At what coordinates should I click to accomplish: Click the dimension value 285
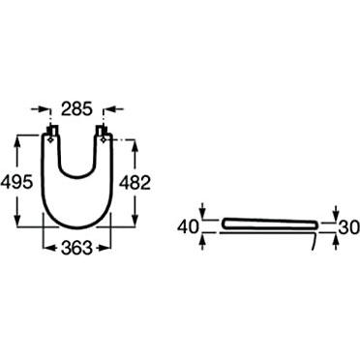pos(76,109)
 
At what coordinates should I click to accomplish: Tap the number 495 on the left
pos(16,183)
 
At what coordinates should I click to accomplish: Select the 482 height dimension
pos(135,183)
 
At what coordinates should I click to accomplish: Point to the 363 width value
pos(76,248)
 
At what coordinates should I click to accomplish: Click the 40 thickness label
pos(188,227)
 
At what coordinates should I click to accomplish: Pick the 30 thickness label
pos(348,227)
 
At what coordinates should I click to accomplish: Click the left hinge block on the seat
pos(52,131)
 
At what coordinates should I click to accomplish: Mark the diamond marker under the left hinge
pos(50,139)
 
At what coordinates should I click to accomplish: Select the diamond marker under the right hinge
pos(104,139)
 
